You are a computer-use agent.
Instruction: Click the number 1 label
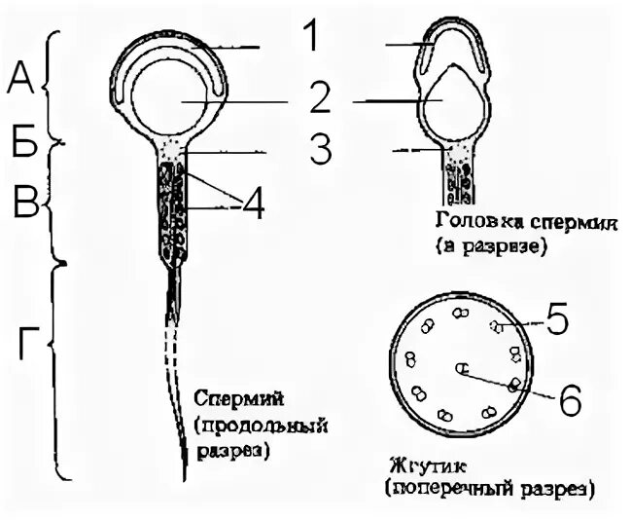click(x=309, y=38)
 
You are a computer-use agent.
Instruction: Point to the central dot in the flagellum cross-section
click(x=462, y=368)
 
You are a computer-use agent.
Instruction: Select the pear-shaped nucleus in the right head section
click(x=448, y=100)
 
